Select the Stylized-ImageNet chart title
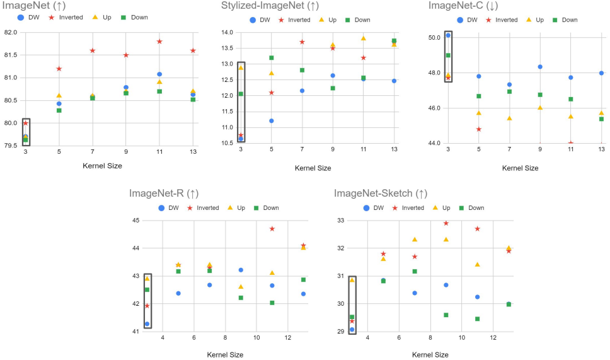point(267,6)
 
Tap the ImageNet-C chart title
point(463,6)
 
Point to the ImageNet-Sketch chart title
point(381,194)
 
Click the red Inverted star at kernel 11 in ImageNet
point(159,42)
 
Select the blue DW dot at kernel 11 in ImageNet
point(159,74)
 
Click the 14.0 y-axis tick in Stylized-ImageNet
point(226,33)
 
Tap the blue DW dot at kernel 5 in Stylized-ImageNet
point(272,120)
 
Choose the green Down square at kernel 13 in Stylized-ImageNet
point(394,41)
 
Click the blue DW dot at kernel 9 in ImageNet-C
point(540,67)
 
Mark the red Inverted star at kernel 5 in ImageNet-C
point(479,129)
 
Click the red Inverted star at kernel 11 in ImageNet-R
point(272,228)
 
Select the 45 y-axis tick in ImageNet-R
point(136,221)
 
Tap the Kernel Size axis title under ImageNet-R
point(225,355)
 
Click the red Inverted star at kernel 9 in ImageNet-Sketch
point(446,223)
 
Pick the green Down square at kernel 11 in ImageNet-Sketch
point(478,318)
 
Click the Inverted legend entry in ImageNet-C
point(502,20)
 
